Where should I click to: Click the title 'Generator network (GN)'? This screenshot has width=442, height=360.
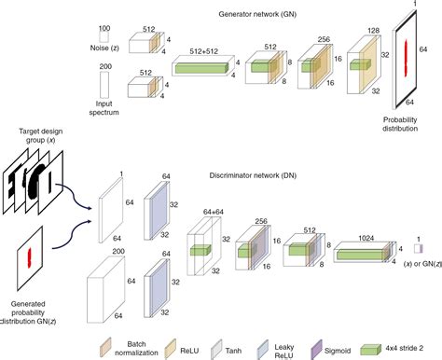click(x=257, y=14)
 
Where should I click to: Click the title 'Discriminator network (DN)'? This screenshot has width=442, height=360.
click(x=253, y=175)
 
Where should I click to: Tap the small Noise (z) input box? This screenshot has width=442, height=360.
click(x=104, y=37)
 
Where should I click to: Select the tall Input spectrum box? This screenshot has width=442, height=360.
click(x=104, y=85)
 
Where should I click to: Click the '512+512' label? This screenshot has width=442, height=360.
click(x=204, y=51)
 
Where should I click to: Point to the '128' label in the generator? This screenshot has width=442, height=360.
click(x=373, y=31)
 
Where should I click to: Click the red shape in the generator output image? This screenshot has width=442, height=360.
click(x=406, y=59)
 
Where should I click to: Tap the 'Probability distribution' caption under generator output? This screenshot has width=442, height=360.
click(x=400, y=124)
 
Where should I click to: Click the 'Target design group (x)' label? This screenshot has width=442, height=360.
click(x=41, y=135)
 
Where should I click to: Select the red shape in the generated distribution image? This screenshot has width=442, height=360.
click(x=30, y=257)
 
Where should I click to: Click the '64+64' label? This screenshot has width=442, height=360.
click(x=214, y=212)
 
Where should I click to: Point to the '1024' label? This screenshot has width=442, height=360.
click(x=366, y=238)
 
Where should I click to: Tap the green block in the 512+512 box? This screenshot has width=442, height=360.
click(x=201, y=68)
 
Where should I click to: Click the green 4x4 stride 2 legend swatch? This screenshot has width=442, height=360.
click(x=371, y=350)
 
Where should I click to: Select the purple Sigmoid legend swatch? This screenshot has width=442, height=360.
click(x=316, y=349)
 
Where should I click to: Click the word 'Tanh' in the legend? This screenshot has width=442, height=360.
click(x=233, y=351)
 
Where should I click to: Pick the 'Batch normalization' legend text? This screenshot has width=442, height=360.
click(x=136, y=349)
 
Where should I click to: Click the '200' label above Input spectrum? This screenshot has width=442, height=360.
click(x=105, y=66)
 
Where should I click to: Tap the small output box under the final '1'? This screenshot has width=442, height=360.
click(x=419, y=249)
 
